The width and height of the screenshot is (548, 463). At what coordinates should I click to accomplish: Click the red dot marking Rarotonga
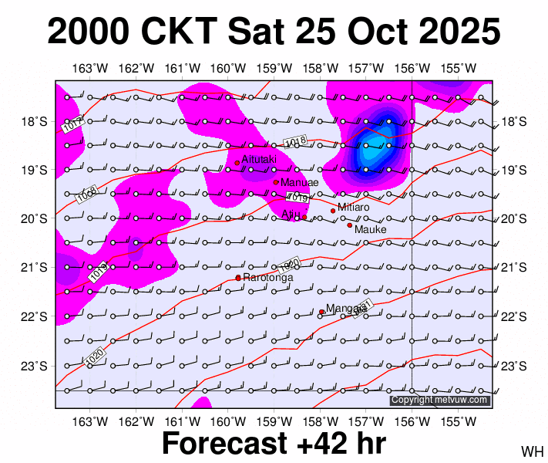click(x=237, y=278)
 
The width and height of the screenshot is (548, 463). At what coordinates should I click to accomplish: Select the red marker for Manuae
click(x=276, y=182)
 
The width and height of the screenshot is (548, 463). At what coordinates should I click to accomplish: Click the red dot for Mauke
click(x=349, y=225)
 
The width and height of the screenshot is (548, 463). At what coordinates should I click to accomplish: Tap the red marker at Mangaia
click(x=321, y=312)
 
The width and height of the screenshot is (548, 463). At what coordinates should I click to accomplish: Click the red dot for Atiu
click(x=304, y=217)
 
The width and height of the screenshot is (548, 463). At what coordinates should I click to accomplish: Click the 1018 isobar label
click(x=296, y=142)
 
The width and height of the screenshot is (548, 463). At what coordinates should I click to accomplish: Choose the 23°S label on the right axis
click(x=514, y=366)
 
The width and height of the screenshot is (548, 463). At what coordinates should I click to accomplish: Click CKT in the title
click(x=183, y=32)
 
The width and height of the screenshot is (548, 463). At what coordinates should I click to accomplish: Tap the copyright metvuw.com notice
click(x=439, y=400)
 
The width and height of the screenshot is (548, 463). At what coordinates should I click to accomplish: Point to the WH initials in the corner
click(x=533, y=451)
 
